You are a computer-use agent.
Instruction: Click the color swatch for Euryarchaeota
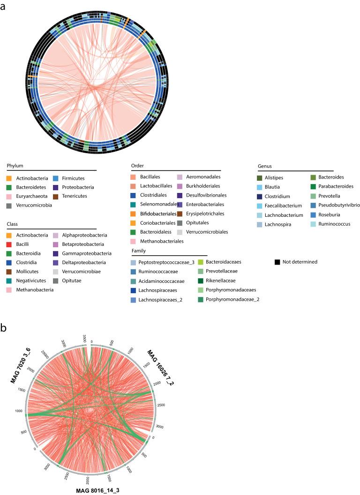[x=10, y=196]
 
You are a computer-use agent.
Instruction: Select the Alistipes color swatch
[x=260, y=177]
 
